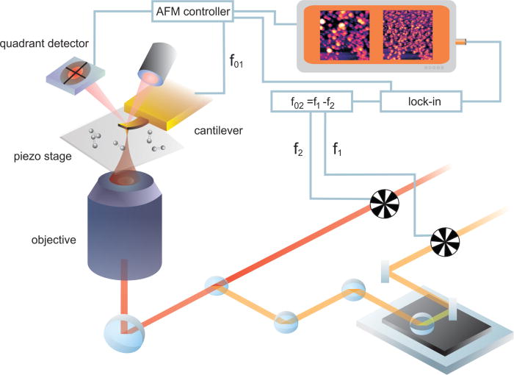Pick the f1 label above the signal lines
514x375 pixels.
pos(339,150)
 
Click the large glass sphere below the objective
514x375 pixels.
pos(121,334)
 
